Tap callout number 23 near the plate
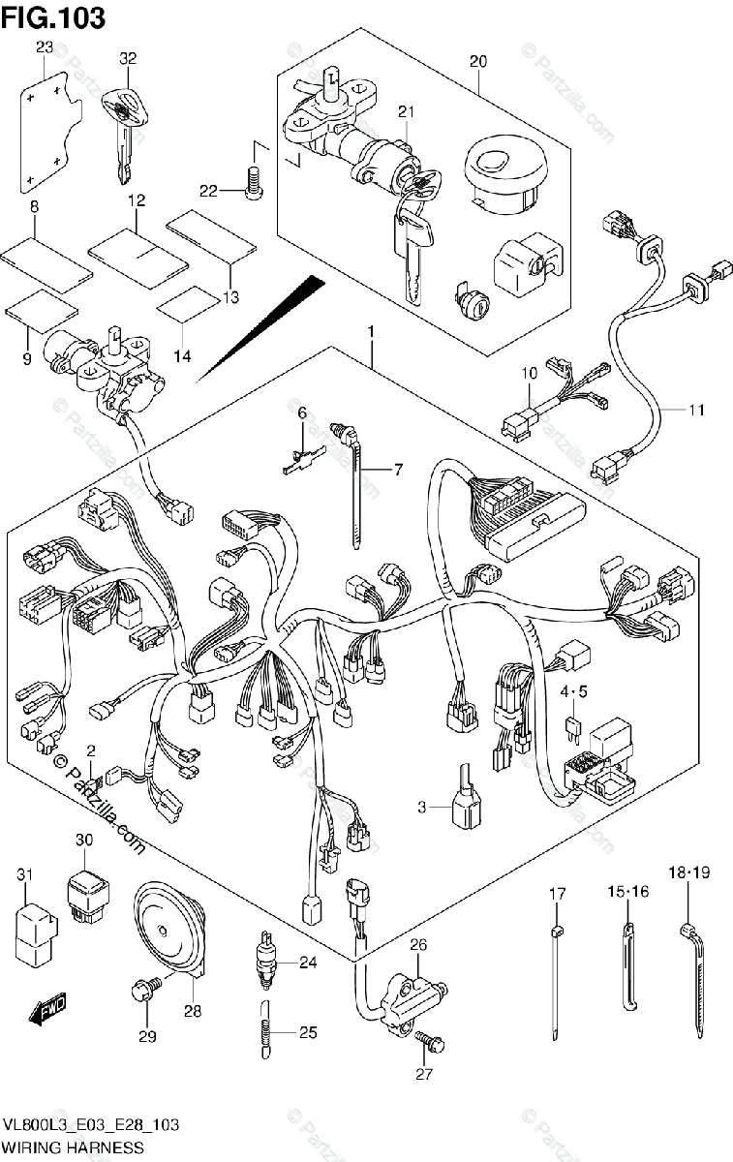[45, 47]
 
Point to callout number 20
[477, 62]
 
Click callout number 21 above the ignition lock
[404, 113]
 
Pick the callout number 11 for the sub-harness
[696, 410]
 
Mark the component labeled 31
[31, 925]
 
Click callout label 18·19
[688, 873]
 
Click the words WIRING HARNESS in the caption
[73, 1147]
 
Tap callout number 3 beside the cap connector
[421, 808]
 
